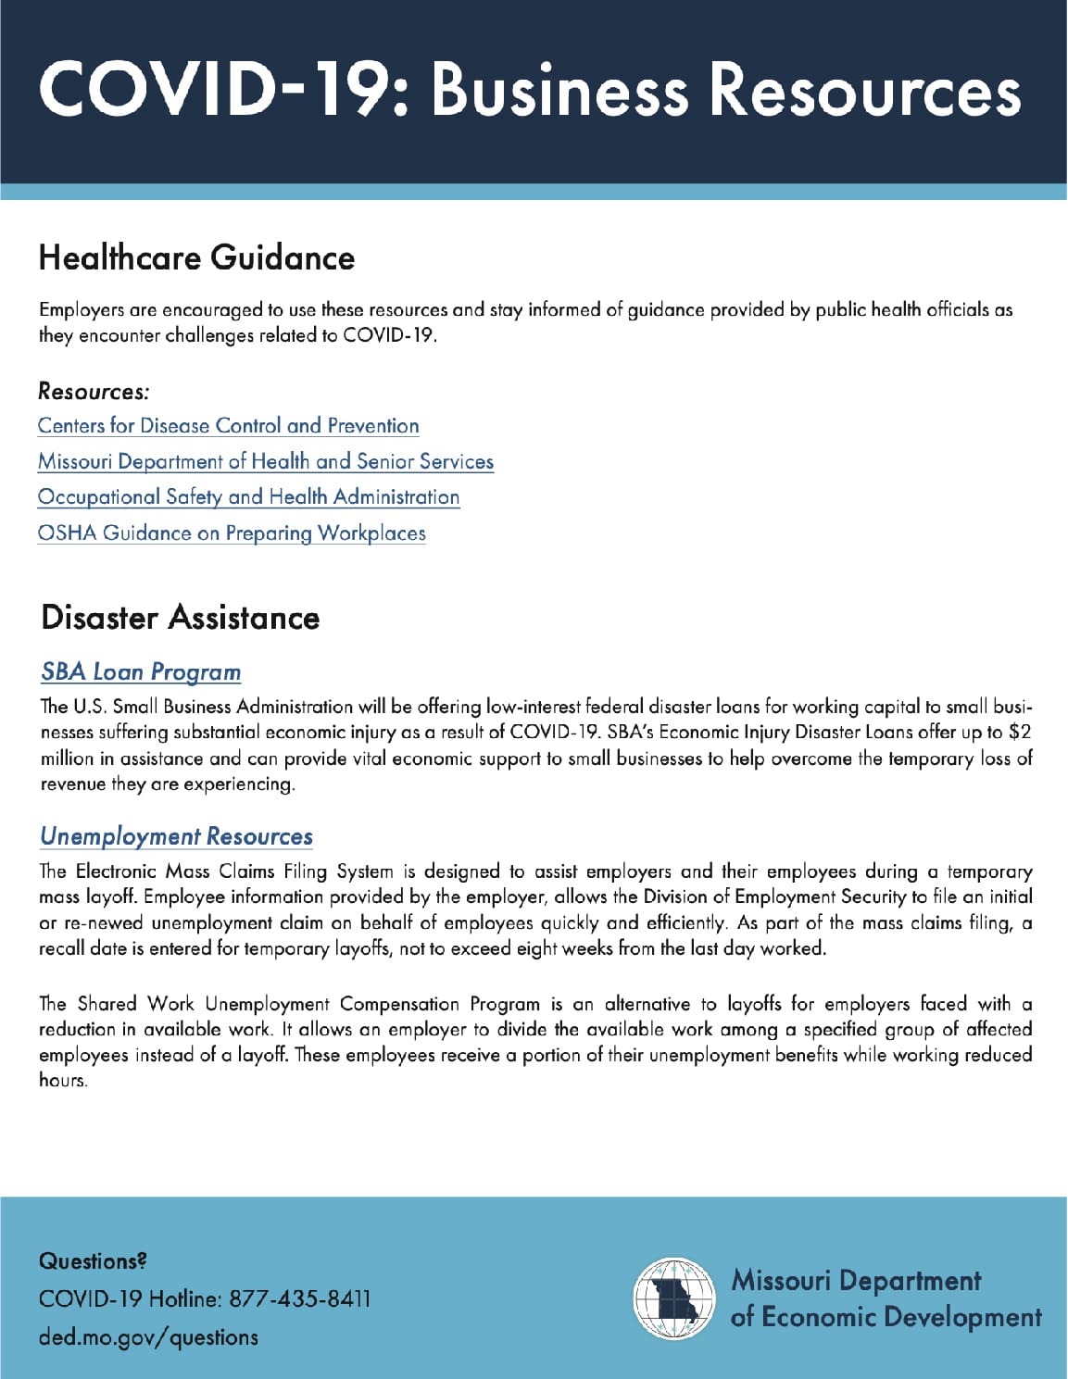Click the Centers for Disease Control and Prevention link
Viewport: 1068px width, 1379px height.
228,426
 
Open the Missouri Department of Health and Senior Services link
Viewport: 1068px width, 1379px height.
266,461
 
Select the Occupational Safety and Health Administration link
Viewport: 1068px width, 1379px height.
248,497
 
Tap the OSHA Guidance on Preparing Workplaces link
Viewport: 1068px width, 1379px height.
232,533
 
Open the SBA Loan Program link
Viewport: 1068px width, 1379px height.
141,672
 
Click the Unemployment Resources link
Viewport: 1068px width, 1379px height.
176,837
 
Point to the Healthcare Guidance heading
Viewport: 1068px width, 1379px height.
196,257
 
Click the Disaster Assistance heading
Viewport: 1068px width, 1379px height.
180,618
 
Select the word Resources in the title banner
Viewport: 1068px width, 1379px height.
865,90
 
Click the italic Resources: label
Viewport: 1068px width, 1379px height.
94,392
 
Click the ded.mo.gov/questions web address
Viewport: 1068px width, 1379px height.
148,1337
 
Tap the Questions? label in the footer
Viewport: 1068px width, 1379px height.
93,1261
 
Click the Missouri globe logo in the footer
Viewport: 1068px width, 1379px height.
674,1298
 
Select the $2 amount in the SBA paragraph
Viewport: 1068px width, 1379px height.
1019,733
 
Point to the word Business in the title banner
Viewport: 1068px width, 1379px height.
559,90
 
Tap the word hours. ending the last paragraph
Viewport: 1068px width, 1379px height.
63,1081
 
